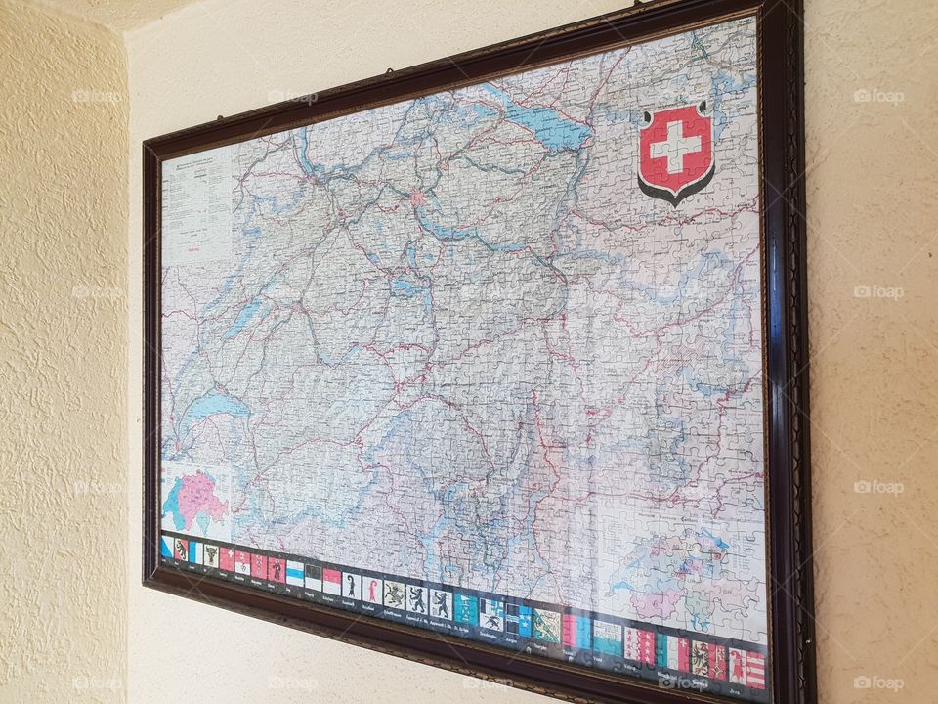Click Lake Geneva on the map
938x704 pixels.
point(209,407)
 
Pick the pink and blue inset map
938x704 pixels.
point(196,500)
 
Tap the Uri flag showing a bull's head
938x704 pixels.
point(211,556)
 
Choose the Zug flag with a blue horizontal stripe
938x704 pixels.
point(294,573)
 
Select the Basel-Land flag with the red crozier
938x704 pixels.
point(370,589)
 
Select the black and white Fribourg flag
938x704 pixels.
point(313,577)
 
